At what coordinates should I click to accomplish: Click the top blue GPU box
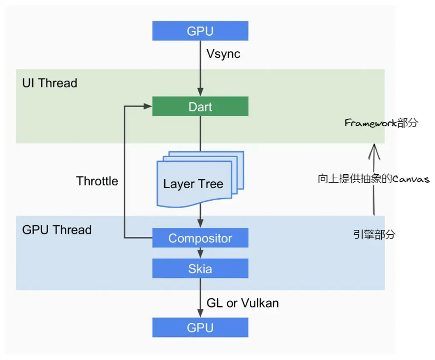tap(200, 31)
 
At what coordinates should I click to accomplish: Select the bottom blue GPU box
tap(200, 328)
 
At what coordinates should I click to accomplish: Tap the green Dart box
tap(200, 106)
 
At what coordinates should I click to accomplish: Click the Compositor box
tap(200, 238)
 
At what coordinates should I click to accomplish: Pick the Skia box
tap(200, 269)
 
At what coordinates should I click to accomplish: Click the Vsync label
tap(223, 54)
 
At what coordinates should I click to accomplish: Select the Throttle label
tap(97, 181)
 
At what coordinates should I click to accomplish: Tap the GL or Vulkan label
tap(243, 303)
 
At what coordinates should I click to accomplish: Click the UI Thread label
tap(49, 83)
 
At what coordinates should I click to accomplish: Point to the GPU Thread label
tap(57, 230)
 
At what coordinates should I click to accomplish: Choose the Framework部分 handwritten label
tap(381, 124)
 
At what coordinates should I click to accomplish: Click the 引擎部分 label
tap(374, 234)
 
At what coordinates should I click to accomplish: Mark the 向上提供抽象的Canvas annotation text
tap(374, 179)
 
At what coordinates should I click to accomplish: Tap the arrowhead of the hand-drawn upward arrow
tap(374, 147)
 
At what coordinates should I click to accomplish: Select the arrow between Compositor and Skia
tap(200, 253)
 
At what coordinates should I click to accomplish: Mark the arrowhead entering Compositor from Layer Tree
tap(200, 224)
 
